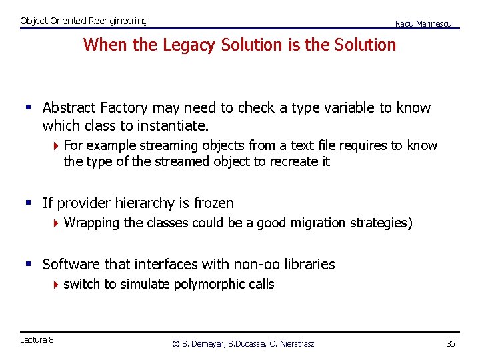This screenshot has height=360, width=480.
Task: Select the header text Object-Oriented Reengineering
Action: click(x=84, y=21)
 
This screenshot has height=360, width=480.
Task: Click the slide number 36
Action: click(x=450, y=343)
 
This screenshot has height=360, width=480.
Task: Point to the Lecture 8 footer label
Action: click(x=37, y=340)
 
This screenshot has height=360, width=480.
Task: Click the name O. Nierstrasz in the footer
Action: click(x=291, y=344)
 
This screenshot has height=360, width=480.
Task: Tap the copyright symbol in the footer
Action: click(x=176, y=344)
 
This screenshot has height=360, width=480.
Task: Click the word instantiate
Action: click(x=172, y=125)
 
